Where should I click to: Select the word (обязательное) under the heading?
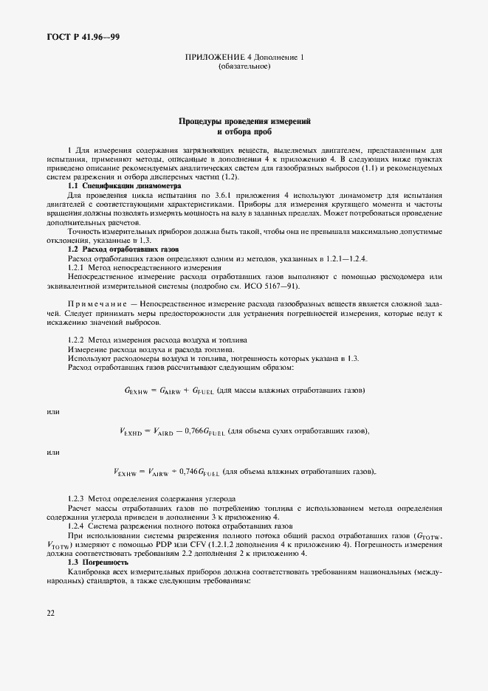244,66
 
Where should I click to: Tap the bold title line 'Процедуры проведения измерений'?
244,120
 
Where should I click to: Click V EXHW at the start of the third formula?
128,472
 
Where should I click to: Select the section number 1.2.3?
78,500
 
